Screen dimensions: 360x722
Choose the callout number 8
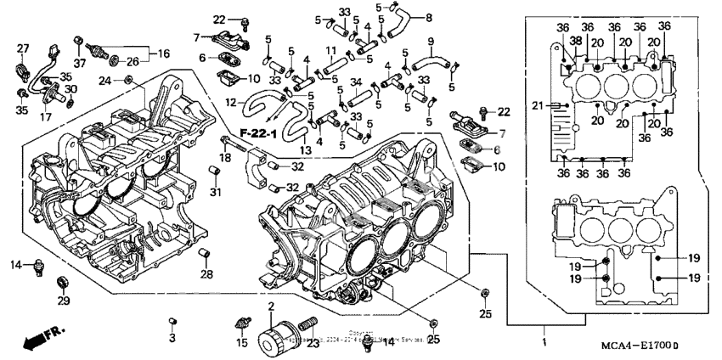click(428, 17)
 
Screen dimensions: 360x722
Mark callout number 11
click(331, 52)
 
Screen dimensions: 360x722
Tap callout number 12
click(230, 102)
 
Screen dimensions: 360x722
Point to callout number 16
click(153, 52)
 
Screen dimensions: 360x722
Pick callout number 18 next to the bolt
click(226, 158)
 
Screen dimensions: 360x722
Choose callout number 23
click(313, 343)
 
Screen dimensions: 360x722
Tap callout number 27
click(23, 48)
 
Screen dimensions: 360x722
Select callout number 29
click(63, 301)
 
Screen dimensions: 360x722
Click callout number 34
click(356, 82)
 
